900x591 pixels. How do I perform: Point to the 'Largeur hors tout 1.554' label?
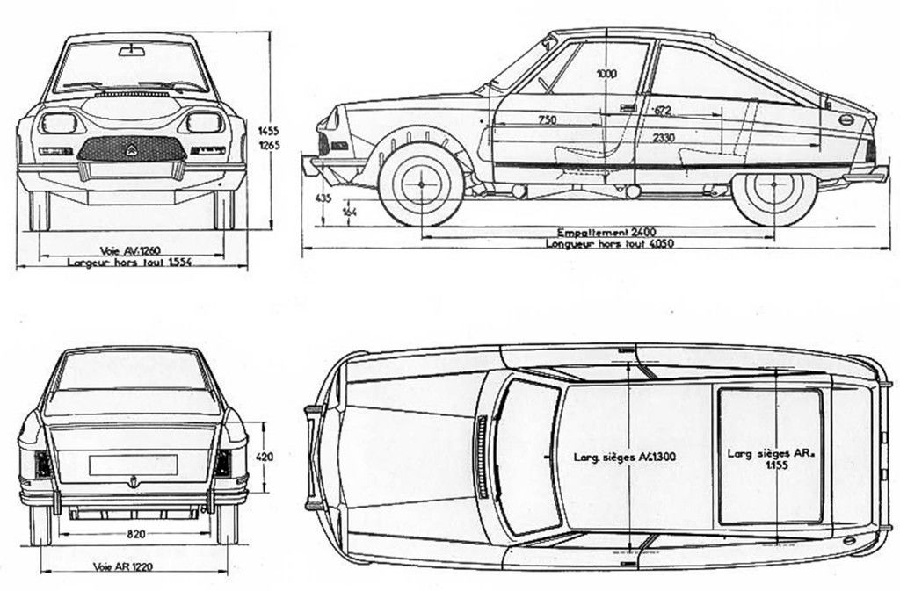click(130, 263)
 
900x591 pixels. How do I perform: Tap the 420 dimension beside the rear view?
click(265, 456)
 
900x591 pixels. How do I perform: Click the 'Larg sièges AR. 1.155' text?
click(769, 460)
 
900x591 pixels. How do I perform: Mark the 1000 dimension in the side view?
click(606, 75)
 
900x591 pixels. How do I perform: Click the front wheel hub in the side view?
click(421, 185)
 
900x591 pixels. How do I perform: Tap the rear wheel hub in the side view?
click(774, 185)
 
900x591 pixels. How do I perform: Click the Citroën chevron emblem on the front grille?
click(132, 148)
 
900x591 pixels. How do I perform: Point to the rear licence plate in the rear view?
click(133, 465)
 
